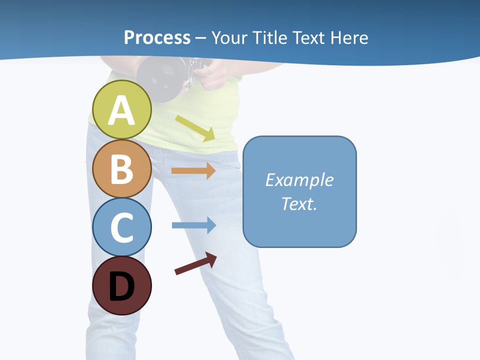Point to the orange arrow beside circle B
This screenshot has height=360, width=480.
point(193,170)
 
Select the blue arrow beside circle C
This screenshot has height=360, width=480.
point(193,225)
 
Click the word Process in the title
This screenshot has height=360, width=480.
point(157,37)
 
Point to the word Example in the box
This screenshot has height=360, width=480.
point(299,179)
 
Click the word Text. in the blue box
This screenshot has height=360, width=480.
point(299,203)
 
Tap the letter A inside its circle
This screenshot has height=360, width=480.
point(121,110)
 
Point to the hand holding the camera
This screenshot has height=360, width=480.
point(212,75)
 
